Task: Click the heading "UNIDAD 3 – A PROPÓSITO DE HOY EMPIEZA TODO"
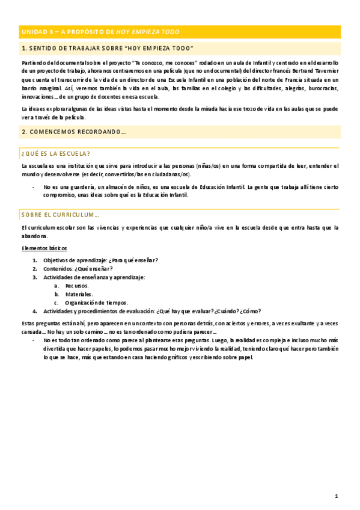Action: click(100, 31)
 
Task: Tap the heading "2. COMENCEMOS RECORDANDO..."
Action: click(74, 131)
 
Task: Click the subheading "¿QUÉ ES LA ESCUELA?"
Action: click(55, 153)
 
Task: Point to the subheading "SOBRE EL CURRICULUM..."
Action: click(60, 214)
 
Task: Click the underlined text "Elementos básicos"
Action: click(44, 248)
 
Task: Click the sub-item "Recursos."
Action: click(77, 286)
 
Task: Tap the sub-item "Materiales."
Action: click(79, 294)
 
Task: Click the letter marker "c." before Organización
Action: click(56, 303)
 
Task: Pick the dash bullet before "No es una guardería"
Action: click(33, 187)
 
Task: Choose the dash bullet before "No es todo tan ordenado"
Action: click(33, 340)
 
